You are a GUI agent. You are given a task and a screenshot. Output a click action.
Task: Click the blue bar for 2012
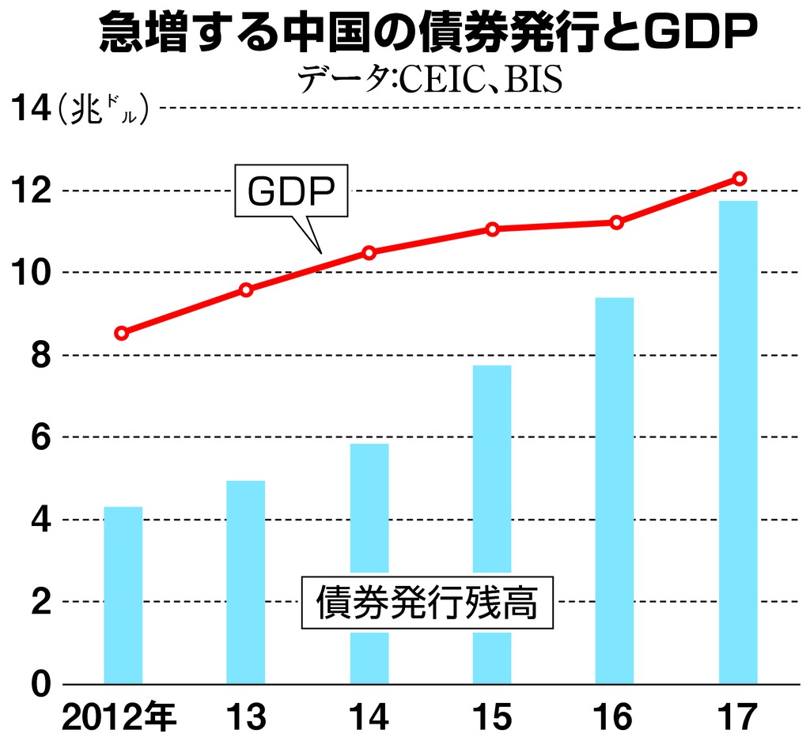123,595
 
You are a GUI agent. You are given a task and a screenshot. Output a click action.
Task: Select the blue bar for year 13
245,582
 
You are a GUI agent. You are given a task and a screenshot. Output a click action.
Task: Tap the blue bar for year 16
615,490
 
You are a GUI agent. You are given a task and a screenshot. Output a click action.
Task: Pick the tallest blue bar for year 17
738,442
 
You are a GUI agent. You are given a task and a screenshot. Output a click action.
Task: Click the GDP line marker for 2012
121,333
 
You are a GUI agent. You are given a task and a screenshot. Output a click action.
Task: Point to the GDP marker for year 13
246,290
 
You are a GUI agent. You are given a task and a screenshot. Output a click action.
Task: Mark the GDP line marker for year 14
369,252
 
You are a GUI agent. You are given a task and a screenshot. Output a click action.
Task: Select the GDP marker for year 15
492,229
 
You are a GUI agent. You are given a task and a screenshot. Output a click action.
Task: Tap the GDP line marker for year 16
616,222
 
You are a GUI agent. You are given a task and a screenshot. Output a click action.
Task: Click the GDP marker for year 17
740,179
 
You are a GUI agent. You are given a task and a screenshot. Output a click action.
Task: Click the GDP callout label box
291,191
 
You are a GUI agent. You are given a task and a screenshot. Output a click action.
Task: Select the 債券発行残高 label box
427,603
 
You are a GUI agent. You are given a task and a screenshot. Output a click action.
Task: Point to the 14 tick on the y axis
28,108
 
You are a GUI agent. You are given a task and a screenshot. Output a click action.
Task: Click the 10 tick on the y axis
28,273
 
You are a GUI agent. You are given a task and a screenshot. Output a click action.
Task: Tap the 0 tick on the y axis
40,684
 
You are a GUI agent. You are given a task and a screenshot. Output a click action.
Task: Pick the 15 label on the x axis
491,718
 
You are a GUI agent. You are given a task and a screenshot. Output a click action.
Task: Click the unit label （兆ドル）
103,111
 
